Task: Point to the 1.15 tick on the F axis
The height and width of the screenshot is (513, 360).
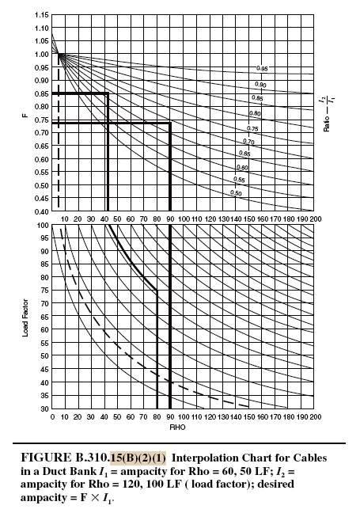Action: coord(42,15)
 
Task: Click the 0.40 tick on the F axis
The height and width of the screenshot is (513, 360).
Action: coord(42,212)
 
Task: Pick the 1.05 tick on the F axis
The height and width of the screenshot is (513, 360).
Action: coord(42,41)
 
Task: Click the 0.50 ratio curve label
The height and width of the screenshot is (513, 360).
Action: coord(236,192)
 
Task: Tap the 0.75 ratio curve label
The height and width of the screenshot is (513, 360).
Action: coord(252,128)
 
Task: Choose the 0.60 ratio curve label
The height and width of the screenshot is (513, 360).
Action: coord(242,168)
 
